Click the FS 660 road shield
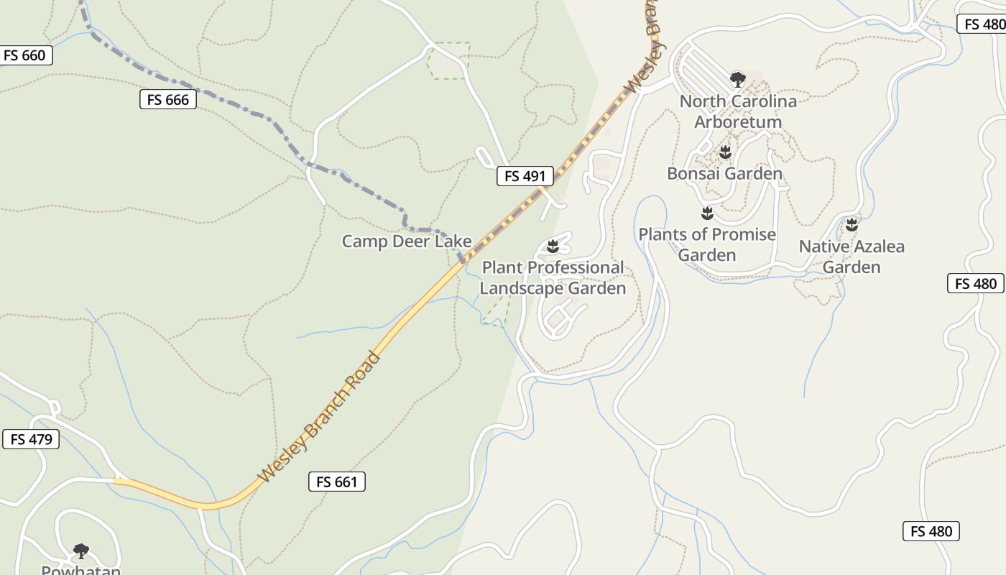tap(25, 55)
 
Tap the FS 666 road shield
tap(168, 100)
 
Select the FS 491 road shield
tap(525, 176)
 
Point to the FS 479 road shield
tap(32, 439)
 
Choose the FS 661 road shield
tap(337, 482)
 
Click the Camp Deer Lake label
tap(407, 241)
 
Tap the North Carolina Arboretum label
tap(738, 111)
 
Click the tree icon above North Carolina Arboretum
tap(737, 79)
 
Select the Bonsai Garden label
tap(724, 173)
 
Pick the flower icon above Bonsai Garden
tap(725, 152)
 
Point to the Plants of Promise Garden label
tap(707, 244)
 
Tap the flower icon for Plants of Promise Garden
tap(707, 213)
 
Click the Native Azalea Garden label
tap(852, 257)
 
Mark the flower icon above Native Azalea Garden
tap(852, 225)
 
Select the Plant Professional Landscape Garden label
tap(553, 278)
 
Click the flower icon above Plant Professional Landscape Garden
tap(553, 247)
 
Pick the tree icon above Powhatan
tap(81, 551)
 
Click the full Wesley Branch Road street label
tap(319, 417)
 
